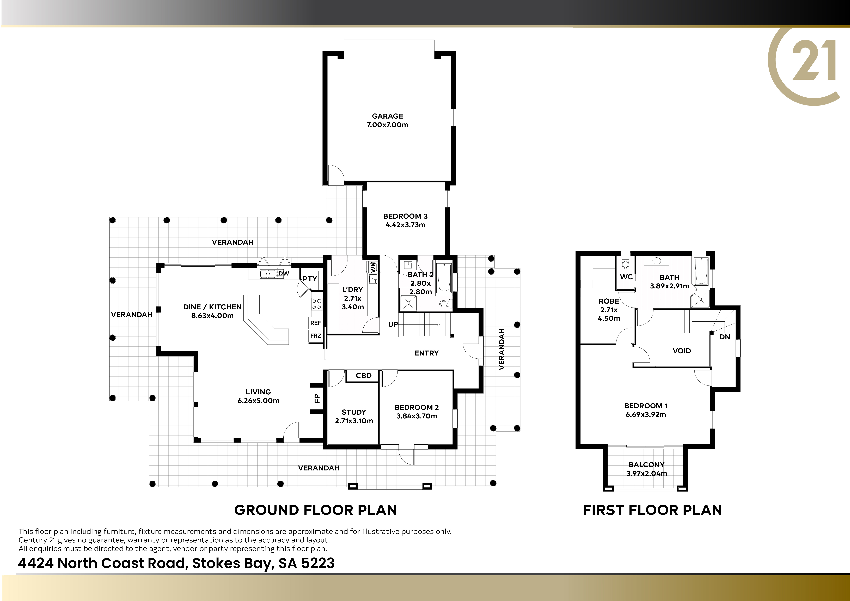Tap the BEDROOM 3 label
point(405,216)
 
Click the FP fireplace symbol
point(316,398)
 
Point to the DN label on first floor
point(725,337)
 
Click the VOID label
point(682,351)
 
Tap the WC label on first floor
point(626,277)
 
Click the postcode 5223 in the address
point(318,563)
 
